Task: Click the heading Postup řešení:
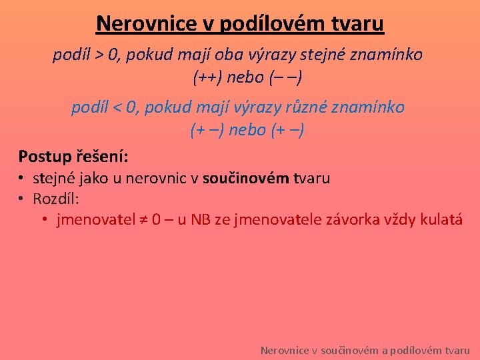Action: (73, 157)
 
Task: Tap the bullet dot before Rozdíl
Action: (22, 199)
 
